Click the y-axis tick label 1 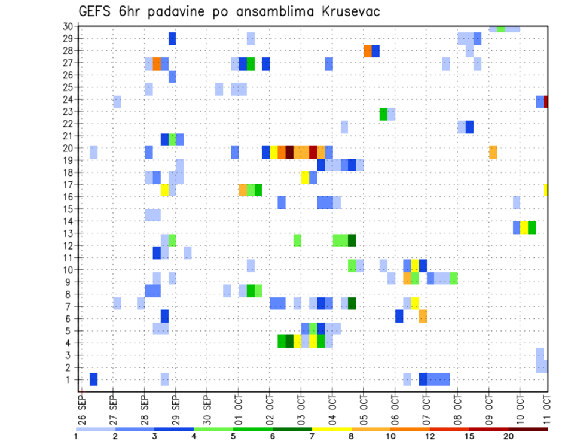pos(70,379)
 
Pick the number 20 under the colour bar pos(509,437)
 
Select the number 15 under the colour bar pos(469,437)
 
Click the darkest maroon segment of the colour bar pos(528,429)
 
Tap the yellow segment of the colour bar pos(331,429)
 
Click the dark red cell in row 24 pos(546,102)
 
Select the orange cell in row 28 pos(368,51)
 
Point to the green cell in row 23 pos(383,114)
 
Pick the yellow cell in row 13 pos(524,227)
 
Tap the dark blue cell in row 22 pos(469,127)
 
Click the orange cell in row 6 pos(423,316)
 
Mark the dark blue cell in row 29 pos(172,39)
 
